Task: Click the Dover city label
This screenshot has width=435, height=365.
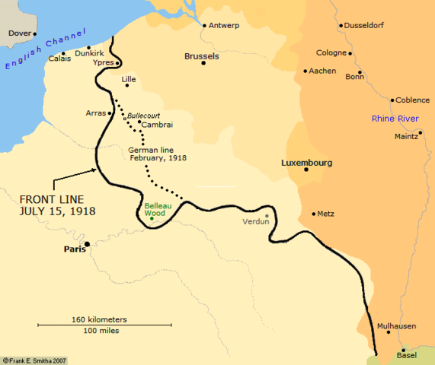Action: pos(18,33)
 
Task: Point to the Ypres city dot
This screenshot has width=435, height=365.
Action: pos(117,63)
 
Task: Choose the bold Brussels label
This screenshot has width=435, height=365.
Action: pos(202,56)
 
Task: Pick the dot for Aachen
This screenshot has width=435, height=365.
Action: pos(305,71)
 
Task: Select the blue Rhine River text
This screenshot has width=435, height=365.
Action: pos(395,119)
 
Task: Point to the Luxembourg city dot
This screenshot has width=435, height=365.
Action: pos(305,170)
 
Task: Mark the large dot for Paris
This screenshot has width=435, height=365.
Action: pos(88,244)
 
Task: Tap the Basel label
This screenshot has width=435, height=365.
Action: pos(408,355)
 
